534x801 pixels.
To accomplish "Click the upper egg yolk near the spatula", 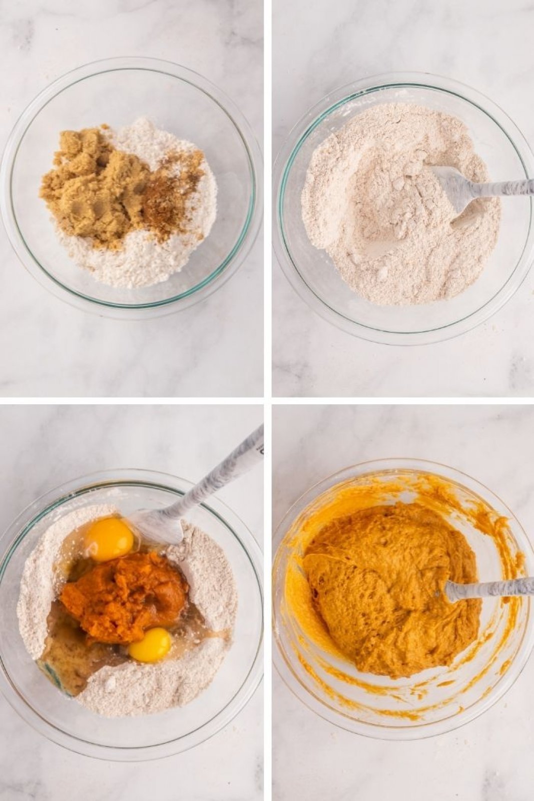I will pyautogui.click(x=109, y=539).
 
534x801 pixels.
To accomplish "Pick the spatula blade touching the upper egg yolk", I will pyautogui.click(x=155, y=525).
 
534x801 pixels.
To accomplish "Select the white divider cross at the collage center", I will pyautogui.click(x=268, y=401).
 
